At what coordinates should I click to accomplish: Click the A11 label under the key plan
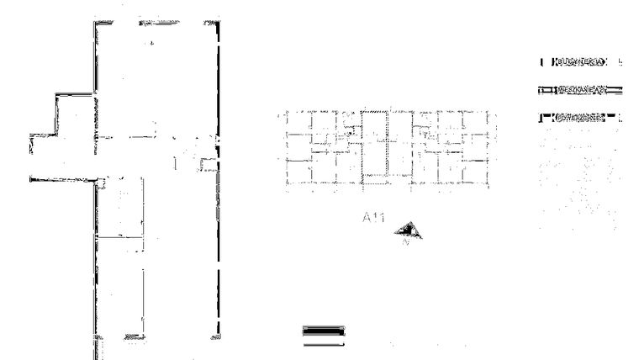click(373, 218)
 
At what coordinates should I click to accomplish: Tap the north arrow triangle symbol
click(410, 230)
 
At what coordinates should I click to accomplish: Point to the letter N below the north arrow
click(406, 243)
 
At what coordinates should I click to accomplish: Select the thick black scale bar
click(323, 330)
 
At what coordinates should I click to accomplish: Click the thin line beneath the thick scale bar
click(323, 343)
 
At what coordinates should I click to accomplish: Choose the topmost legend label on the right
click(579, 62)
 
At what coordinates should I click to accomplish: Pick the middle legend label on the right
click(579, 89)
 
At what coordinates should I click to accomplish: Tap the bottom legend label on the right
click(579, 117)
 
